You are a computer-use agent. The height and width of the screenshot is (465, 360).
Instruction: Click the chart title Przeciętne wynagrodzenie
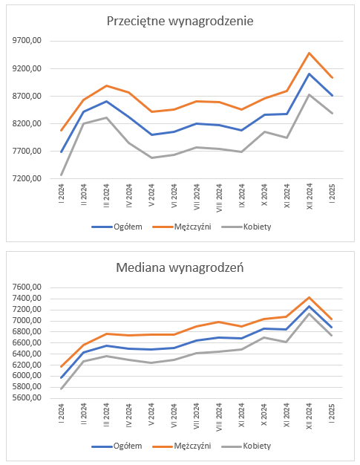coord(180,22)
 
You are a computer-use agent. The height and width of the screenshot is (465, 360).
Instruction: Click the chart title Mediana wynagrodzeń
coord(180,267)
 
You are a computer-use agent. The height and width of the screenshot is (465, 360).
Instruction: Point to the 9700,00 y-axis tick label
coord(27,41)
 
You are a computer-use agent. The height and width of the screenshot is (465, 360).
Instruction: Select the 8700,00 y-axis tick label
coord(27,96)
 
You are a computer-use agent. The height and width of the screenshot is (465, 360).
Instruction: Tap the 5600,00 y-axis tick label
coord(27,398)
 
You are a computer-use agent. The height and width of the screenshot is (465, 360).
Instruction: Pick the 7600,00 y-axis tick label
coord(27,287)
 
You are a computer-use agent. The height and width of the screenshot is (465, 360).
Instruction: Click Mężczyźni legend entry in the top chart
coord(182,227)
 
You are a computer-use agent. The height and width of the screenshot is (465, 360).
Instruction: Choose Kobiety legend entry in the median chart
coord(246,446)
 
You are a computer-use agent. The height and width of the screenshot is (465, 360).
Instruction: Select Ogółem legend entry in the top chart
coord(117,227)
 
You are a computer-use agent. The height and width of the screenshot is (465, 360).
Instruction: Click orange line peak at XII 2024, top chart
coord(310,53)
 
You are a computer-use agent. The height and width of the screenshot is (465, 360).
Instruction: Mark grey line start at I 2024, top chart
coord(62,175)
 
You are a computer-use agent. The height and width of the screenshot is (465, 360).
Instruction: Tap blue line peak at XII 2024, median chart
coord(310,306)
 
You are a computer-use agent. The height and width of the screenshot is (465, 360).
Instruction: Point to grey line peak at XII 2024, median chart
coord(310,313)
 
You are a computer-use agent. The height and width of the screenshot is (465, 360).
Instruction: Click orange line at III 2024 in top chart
coord(106,85)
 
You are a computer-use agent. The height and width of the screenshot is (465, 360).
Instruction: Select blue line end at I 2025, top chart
coord(332,96)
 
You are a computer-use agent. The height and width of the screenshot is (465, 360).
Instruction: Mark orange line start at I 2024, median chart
coord(62,366)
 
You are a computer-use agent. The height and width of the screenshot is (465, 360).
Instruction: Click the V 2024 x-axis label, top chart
coord(151,195)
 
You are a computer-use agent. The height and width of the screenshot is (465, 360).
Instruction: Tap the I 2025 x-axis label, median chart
coord(332,413)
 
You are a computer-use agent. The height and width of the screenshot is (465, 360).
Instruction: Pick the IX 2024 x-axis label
coord(242,195)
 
